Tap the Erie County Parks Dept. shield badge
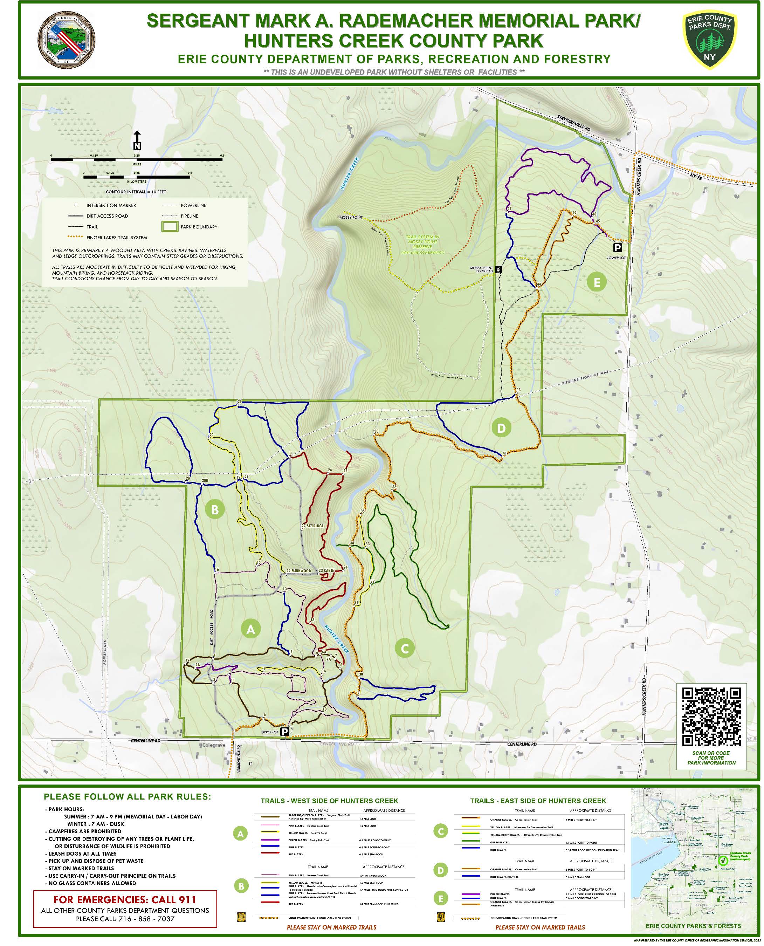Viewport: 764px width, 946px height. [x=709, y=40]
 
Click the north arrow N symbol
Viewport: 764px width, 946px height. [x=137, y=141]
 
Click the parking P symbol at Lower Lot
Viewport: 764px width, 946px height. [x=618, y=248]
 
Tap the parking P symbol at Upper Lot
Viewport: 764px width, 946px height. [x=285, y=732]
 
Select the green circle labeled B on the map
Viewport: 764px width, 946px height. [x=215, y=510]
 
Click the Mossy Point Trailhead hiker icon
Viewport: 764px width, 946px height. [x=498, y=269]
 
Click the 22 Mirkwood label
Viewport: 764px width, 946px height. [x=299, y=571]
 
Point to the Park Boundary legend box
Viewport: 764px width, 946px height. [x=170, y=227]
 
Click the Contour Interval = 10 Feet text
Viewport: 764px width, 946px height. [x=136, y=192]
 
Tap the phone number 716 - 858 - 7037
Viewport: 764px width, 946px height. [x=125, y=919]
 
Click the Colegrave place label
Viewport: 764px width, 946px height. [x=214, y=745]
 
